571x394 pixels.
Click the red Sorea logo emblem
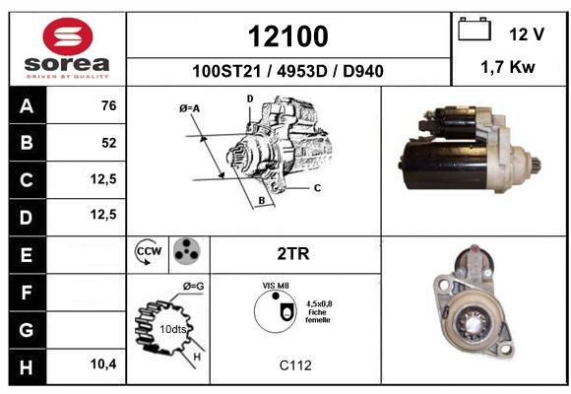(x=68, y=36)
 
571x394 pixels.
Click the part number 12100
(x=288, y=36)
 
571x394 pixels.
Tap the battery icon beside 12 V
(x=475, y=30)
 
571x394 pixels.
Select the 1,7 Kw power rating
(x=508, y=67)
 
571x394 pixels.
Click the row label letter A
(x=27, y=106)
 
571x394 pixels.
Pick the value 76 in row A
(x=109, y=105)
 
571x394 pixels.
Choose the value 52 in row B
(x=109, y=143)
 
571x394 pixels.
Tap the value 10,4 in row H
(x=103, y=363)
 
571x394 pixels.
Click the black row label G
(x=27, y=330)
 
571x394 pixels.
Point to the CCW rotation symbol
(x=149, y=251)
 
